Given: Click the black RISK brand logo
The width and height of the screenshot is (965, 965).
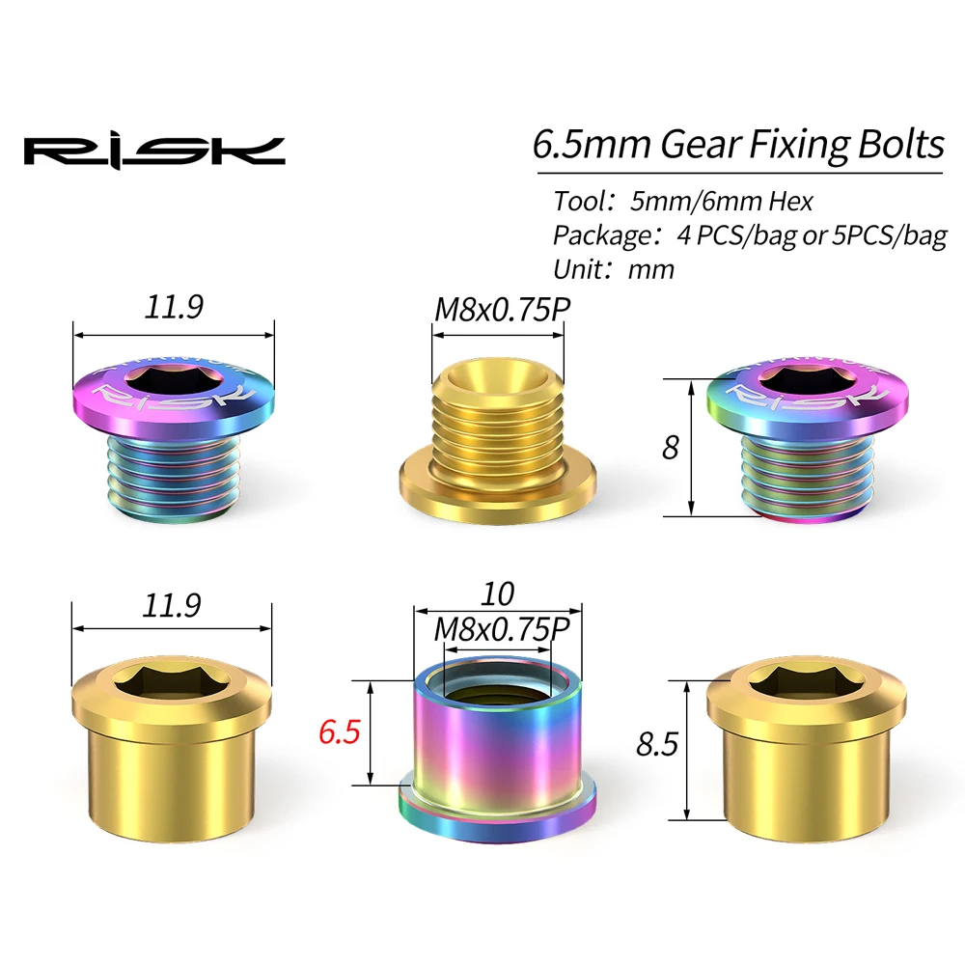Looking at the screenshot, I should pos(154,151).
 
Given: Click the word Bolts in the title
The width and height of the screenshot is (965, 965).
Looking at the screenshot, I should pos(899,144).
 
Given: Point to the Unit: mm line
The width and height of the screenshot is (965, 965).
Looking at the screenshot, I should pos(614,268).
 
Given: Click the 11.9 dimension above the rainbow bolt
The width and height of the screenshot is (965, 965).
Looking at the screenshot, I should pos(174,308).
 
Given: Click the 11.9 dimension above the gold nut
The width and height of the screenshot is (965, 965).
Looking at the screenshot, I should pos(174,604).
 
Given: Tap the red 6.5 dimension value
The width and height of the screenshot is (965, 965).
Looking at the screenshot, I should pos(339,731).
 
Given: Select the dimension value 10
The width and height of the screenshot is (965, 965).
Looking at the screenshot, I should pos(498,592).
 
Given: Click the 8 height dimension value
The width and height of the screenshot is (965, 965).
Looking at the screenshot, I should pos(671,448).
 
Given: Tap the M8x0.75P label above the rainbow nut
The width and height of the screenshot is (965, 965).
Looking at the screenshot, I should pos(498,627).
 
